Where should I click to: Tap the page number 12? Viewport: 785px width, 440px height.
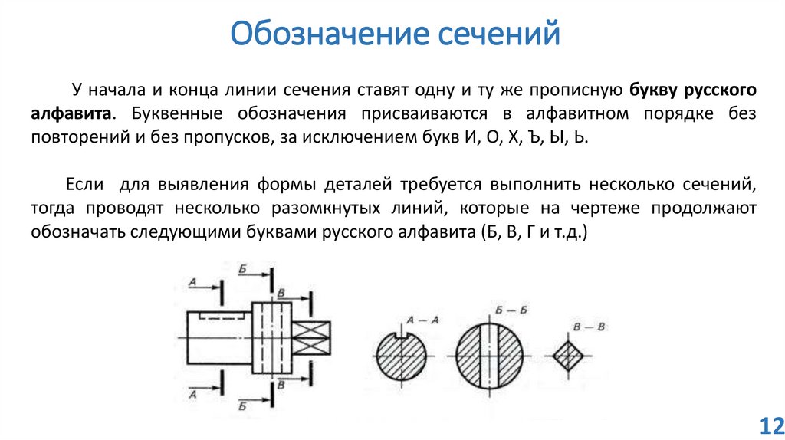[768, 425]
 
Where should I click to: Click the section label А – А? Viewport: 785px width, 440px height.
[422, 320]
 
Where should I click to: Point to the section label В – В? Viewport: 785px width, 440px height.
[590, 327]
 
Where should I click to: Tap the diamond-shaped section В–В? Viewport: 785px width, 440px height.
[568, 357]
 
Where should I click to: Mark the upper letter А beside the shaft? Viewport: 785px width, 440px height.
[192, 283]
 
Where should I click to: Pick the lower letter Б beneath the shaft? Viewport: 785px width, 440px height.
[242, 402]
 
